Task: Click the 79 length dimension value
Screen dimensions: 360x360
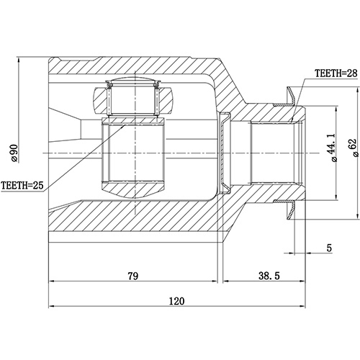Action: pyautogui.click(x=133, y=275)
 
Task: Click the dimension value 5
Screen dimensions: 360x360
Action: pyautogui.click(x=328, y=248)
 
